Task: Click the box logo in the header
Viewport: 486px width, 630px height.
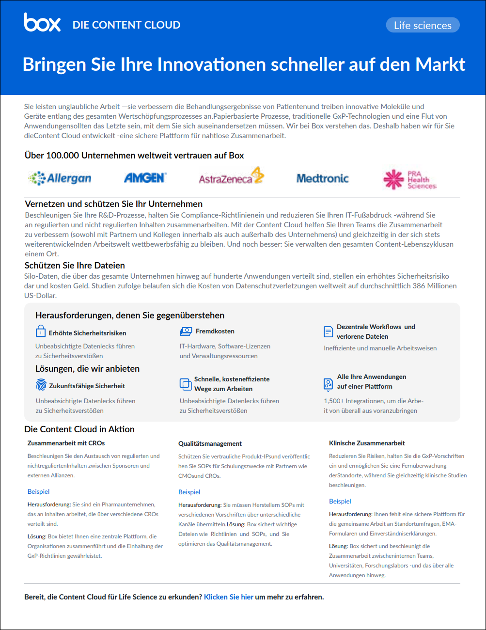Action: tap(42, 23)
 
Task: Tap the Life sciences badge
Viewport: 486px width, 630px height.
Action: tap(423, 25)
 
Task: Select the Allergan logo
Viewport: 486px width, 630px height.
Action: tap(60, 178)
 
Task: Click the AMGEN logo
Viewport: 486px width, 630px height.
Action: tap(145, 178)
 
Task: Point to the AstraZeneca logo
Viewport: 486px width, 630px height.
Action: tap(231, 177)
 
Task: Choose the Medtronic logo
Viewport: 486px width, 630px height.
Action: tap(322, 178)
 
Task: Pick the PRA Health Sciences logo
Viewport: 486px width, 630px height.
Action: tap(409, 179)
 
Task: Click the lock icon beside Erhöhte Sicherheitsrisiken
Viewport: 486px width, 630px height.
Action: tap(41, 331)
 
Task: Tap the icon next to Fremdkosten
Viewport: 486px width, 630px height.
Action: tap(186, 331)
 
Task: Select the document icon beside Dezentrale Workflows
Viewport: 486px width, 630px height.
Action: tap(328, 332)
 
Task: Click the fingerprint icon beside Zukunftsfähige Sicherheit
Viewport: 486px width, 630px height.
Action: tap(41, 385)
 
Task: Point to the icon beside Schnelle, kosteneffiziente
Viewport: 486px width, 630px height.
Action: tap(186, 384)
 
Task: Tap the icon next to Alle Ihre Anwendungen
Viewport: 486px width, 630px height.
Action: tap(328, 384)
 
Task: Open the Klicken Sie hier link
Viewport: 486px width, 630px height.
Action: tap(229, 597)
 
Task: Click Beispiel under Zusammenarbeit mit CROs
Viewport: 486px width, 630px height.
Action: tap(38, 491)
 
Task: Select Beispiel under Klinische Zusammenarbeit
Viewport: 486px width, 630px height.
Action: tap(340, 501)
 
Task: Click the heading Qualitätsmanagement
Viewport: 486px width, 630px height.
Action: tap(210, 443)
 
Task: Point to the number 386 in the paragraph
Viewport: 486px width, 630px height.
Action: tap(419, 286)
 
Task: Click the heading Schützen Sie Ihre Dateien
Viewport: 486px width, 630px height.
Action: tap(75, 266)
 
